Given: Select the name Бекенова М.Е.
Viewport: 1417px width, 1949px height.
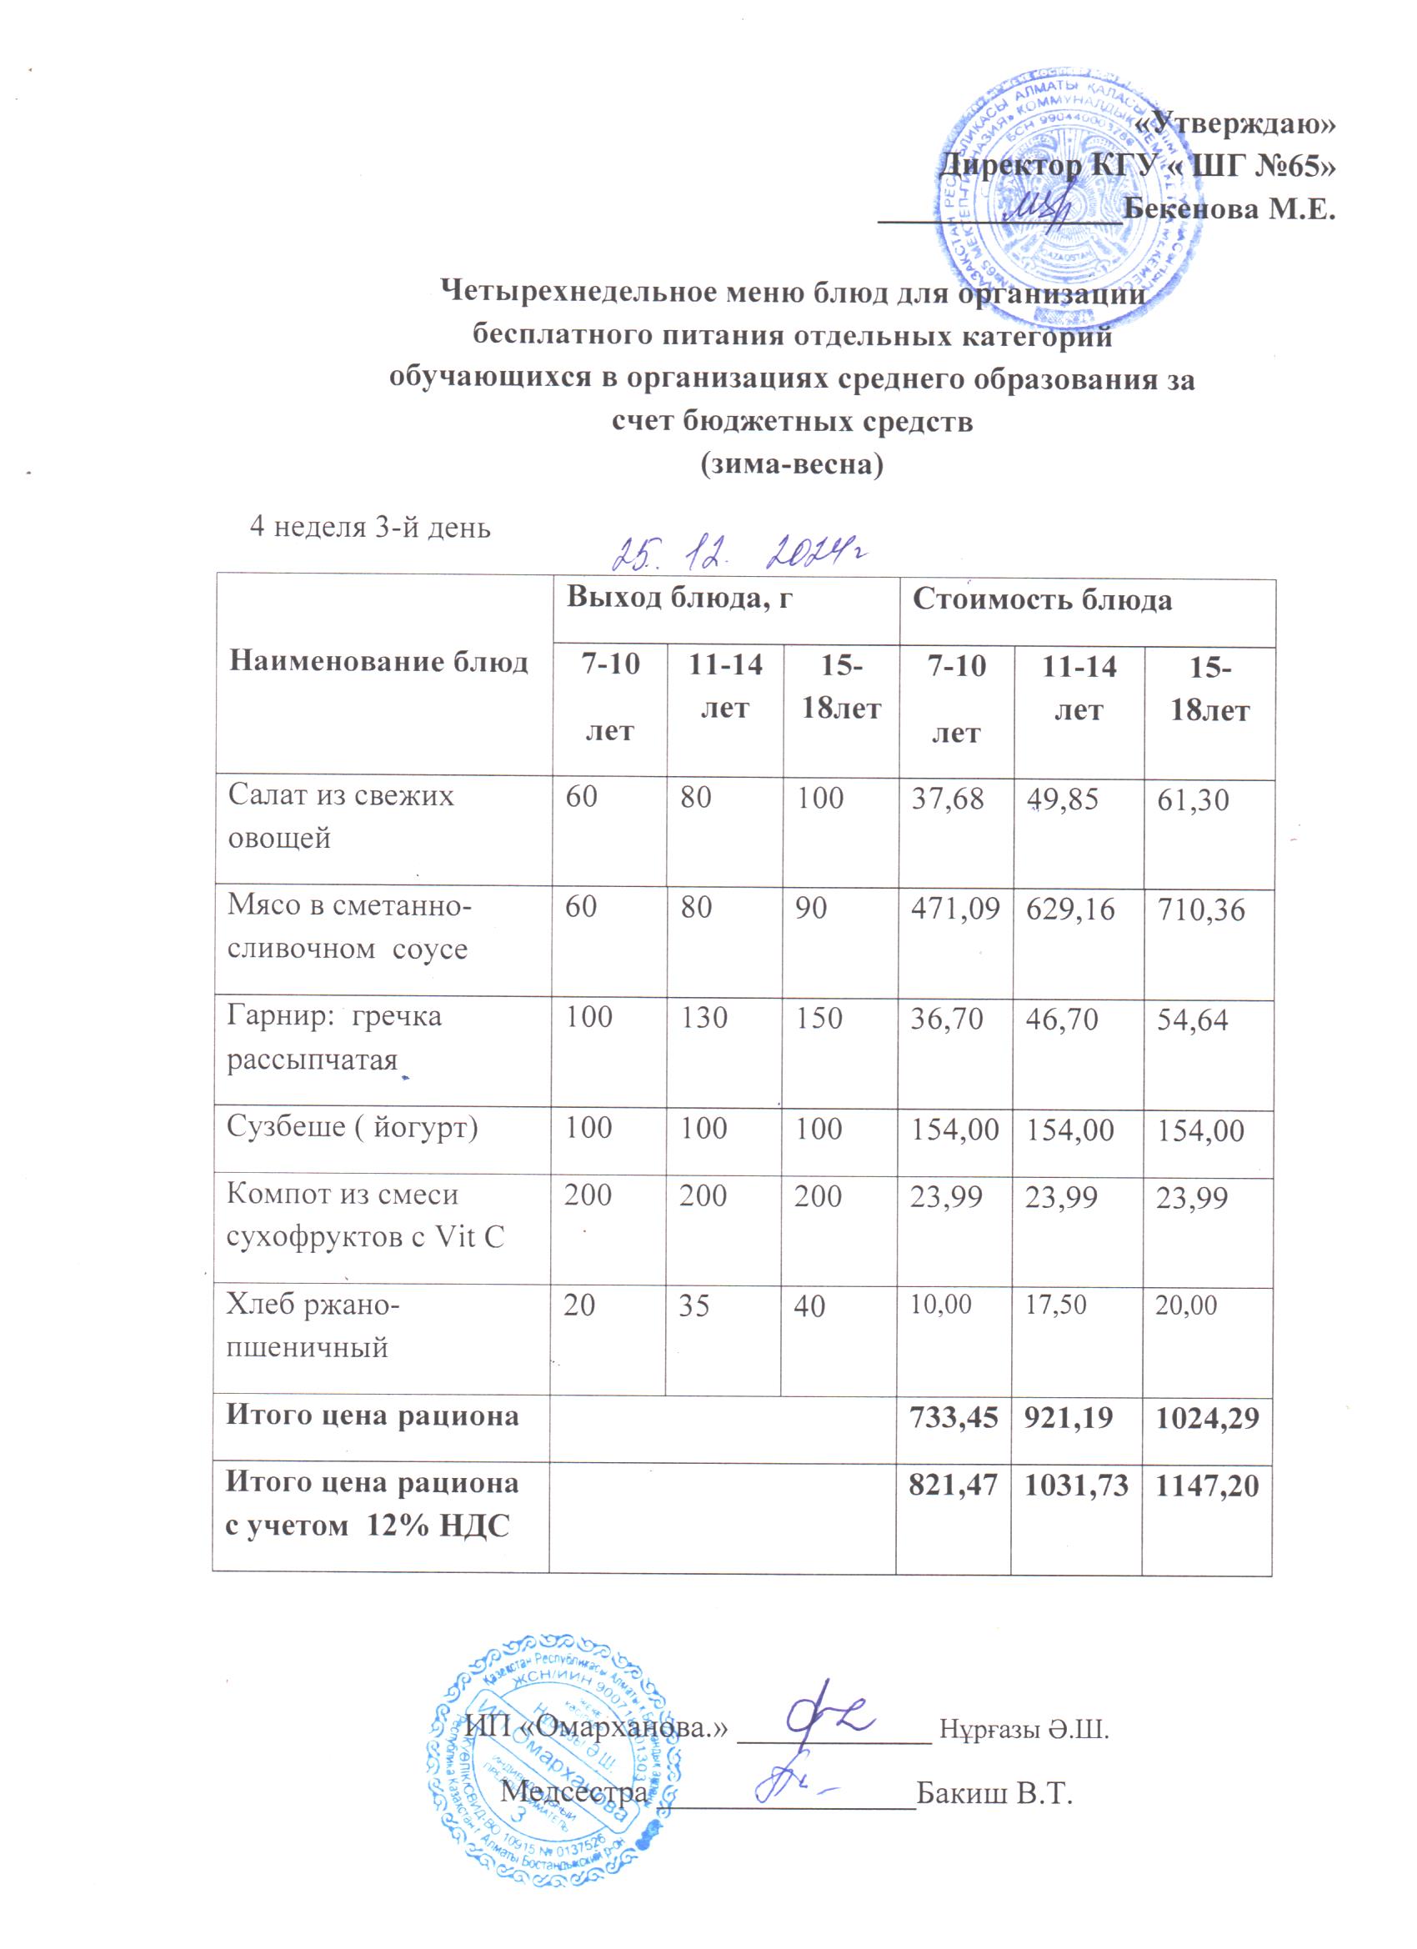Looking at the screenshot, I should point(1229,208).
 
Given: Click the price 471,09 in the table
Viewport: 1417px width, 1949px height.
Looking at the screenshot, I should point(954,909).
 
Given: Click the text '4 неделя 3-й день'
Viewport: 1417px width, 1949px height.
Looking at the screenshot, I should point(369,527).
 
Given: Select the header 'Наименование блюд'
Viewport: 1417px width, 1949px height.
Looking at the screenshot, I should point(379,662).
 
